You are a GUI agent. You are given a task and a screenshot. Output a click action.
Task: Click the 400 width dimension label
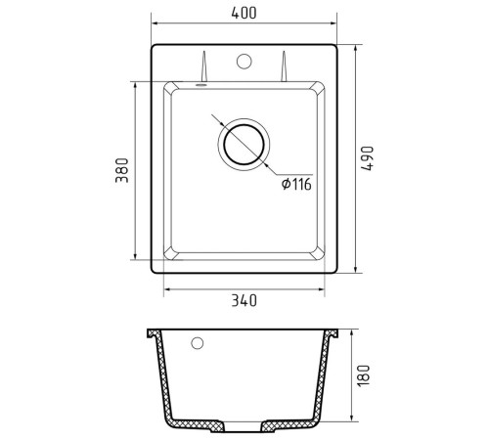244,13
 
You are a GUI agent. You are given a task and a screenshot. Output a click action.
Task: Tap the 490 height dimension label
368,158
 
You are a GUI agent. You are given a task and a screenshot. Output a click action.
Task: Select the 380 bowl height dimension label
122,170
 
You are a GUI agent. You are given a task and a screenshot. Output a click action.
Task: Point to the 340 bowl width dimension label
244,300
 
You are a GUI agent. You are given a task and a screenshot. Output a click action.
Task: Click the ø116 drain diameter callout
296,185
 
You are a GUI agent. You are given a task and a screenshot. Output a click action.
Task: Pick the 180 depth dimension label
364,375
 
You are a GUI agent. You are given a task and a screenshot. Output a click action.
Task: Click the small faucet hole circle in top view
244,62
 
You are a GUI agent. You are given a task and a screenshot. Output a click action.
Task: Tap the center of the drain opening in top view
244,145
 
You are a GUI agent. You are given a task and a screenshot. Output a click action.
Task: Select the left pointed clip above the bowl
203,66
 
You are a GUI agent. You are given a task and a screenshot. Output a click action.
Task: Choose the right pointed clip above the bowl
284,66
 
